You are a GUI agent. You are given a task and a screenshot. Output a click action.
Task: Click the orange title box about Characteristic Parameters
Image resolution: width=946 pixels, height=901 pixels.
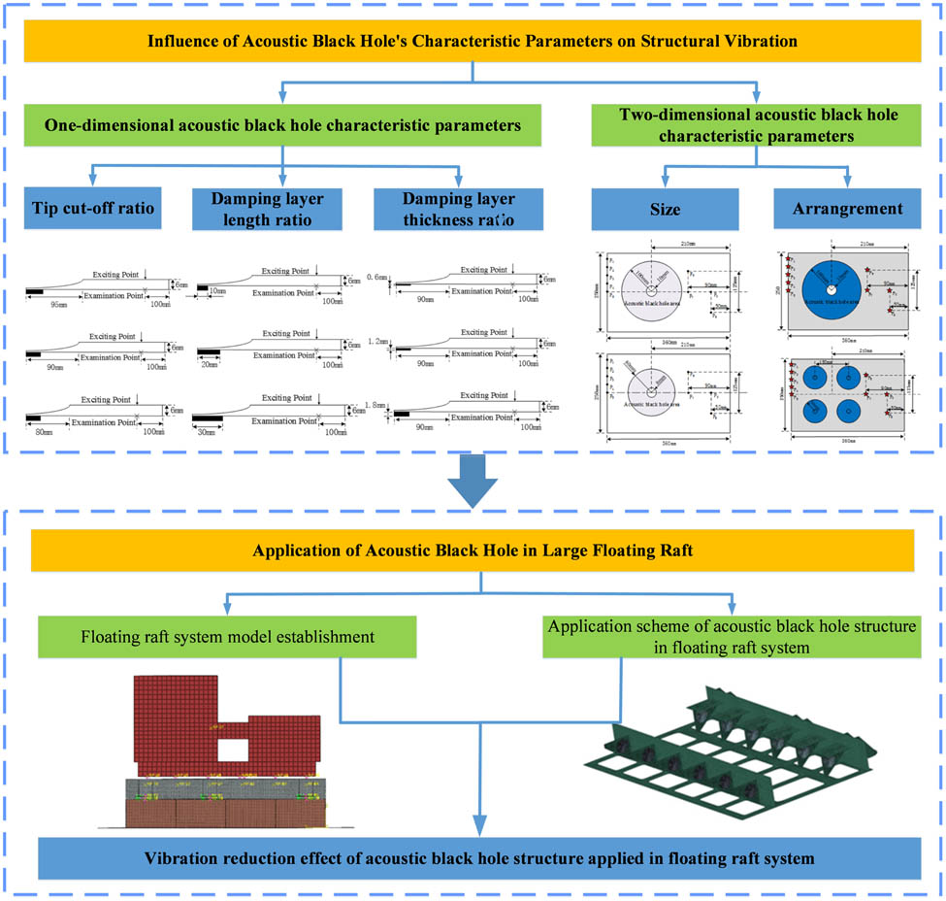(x=473, y=42)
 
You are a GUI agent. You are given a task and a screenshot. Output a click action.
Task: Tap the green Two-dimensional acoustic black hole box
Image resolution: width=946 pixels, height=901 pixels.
(x=758, y=126)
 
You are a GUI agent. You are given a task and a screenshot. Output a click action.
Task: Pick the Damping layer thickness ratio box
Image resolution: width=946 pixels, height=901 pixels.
(x=458, y=209)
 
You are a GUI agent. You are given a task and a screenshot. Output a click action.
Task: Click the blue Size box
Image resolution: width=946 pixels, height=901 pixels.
(x=665, y=209)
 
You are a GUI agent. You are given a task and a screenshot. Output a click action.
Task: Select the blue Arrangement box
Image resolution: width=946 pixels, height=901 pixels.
(x=847, y=209)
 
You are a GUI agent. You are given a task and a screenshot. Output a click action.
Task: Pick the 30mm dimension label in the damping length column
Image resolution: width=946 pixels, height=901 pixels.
(x=207, y=430)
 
